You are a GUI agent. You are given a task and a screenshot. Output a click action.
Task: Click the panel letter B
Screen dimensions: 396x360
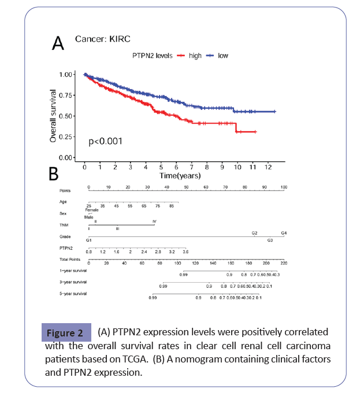pos(53,173)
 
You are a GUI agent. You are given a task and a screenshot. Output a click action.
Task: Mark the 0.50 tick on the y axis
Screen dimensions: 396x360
pos(67,116)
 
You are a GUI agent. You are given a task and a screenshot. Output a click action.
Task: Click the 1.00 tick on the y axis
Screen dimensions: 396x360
pos(67,75)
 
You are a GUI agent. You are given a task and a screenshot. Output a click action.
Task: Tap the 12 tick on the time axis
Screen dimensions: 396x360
pos(268,167)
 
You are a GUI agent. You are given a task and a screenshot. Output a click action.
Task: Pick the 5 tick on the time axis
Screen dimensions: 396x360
pos(161,167)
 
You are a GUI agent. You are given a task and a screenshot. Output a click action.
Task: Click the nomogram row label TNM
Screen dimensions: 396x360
pos(63,225)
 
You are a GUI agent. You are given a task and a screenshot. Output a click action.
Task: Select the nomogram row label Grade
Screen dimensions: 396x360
pos(64,236)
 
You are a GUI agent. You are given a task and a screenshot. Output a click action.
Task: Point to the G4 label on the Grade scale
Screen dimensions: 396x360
pos(283,233)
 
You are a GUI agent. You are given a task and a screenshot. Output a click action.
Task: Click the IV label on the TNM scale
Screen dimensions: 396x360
pos(154,221)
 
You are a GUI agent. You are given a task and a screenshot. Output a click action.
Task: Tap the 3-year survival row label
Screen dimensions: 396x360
pos(73,282)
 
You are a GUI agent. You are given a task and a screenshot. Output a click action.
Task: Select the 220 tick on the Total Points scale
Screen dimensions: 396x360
pos(283,263)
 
